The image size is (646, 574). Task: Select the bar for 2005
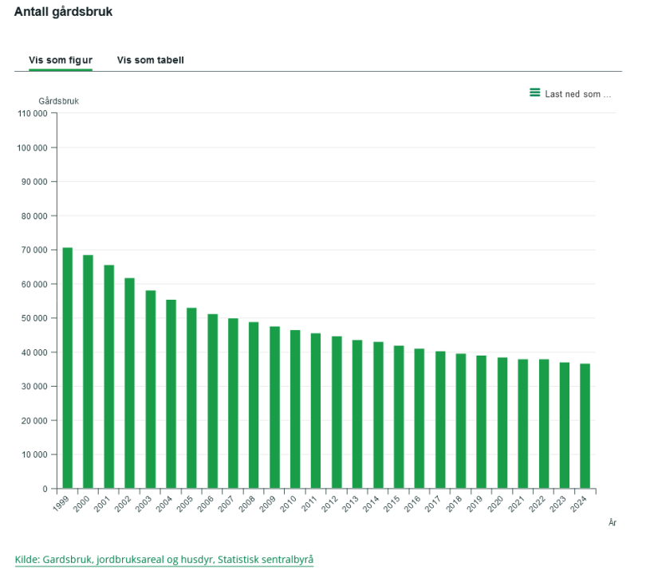pos(191,398)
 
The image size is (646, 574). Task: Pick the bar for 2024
pos(585,426)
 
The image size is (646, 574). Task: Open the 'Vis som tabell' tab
pos(151,61)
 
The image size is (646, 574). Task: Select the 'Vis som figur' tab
pos(61,61)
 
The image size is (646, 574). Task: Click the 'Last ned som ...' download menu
pos(577,94)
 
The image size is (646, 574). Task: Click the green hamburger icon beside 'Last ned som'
pos(535,93)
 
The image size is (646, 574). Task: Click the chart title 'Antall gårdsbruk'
pos(63,13)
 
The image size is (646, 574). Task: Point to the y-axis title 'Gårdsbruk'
pos(59,101)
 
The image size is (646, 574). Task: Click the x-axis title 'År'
pos(612,522)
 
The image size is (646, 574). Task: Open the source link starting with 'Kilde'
pos(164,560)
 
